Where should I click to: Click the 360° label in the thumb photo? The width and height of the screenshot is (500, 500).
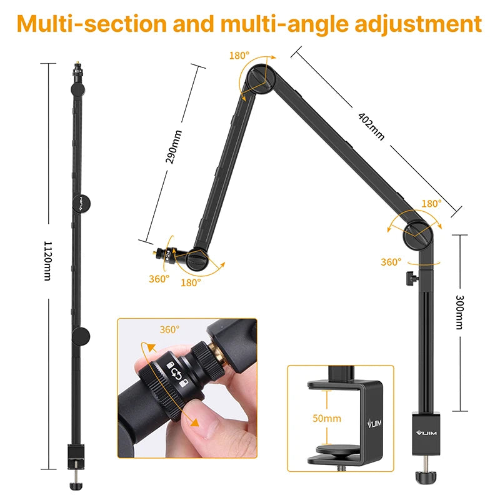coord(169,329)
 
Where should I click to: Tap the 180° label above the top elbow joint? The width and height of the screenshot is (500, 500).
coord(239,55)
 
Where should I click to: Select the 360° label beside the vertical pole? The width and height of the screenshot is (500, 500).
coord(391,262)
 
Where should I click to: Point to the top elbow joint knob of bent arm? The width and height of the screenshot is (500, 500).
coord(257,78)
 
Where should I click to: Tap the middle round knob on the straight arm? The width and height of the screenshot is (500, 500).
coord(81,202)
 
